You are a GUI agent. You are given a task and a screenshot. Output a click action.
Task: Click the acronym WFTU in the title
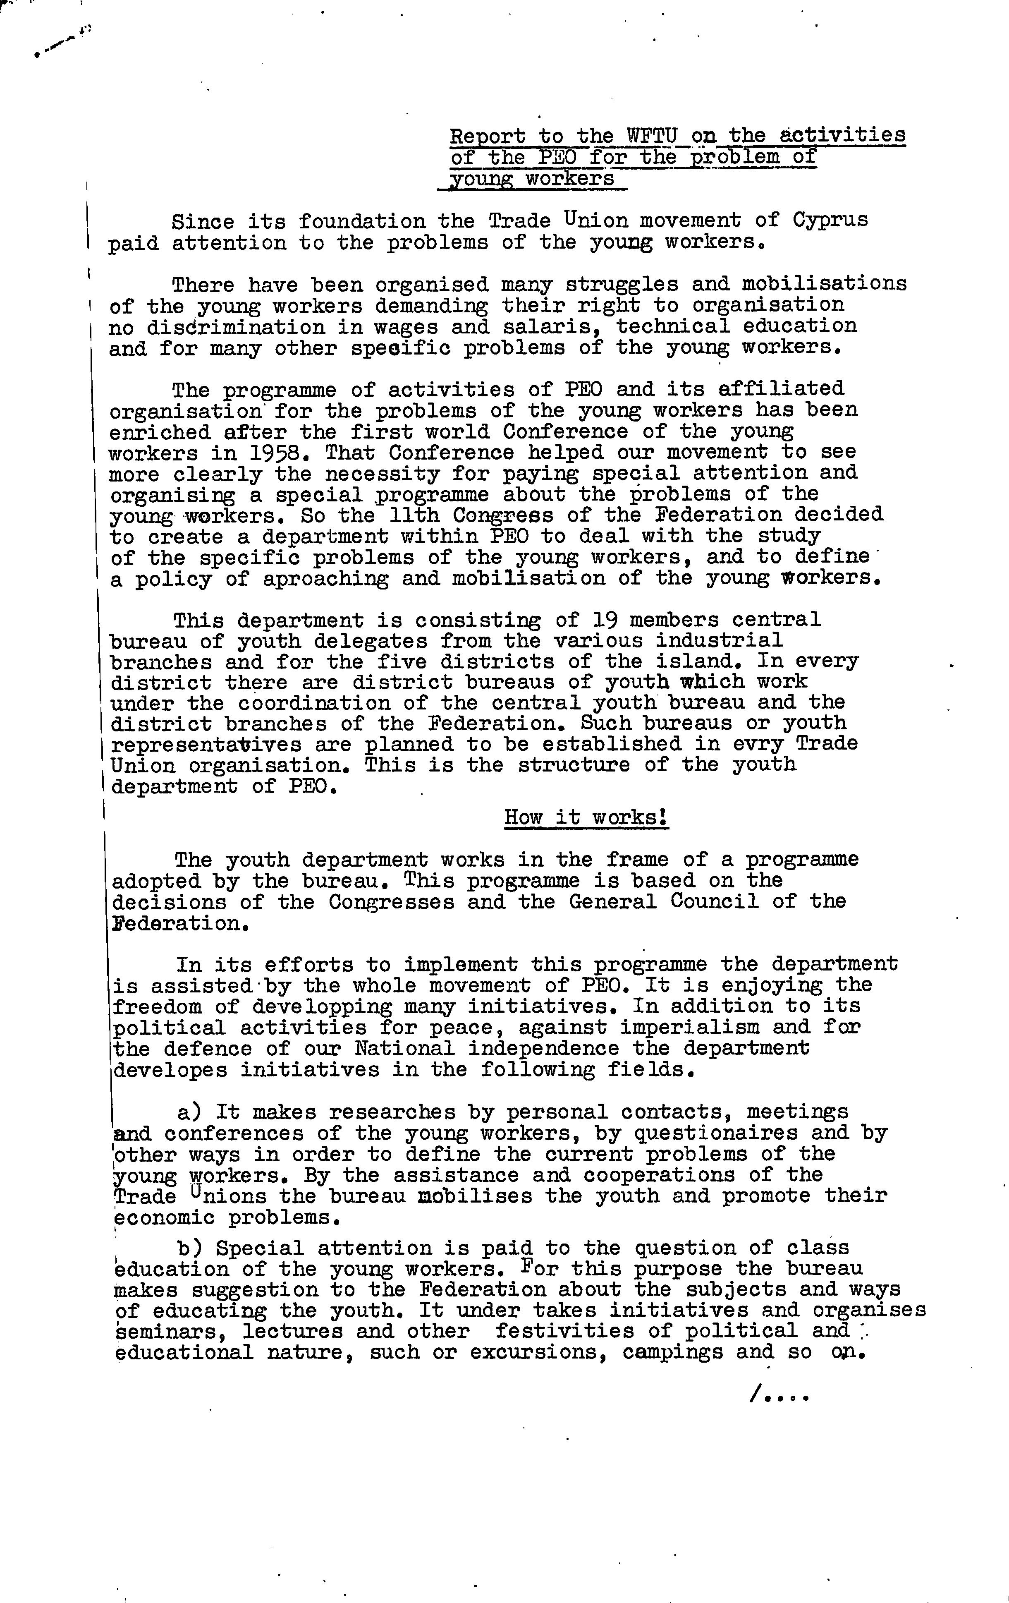click(x=652, y=136)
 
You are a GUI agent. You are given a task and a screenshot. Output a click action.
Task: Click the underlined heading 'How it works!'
click(x=586, y=817)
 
